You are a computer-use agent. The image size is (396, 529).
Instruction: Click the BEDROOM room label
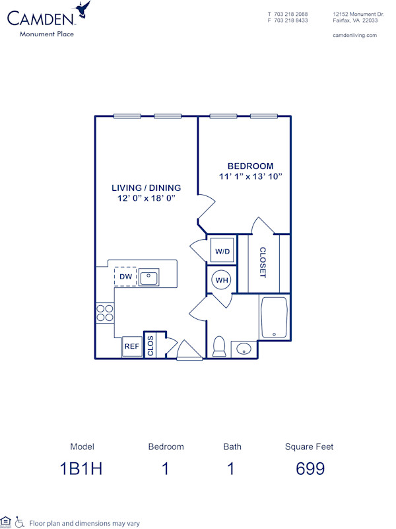coord(250,166)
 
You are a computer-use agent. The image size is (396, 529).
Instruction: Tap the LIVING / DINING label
coord(146,188)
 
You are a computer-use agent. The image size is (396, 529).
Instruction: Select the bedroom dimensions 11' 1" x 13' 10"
coord(250,176)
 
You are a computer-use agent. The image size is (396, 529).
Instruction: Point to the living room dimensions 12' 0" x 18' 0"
coord(146,198)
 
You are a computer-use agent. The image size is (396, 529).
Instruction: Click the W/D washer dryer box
coord(222,252)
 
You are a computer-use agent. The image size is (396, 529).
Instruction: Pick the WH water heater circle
coord(221,280)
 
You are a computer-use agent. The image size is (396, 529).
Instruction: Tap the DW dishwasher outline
coord(125,277)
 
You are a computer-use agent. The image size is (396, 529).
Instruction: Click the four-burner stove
coord(104,312)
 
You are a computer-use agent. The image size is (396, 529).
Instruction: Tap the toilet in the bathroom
coord(219,346)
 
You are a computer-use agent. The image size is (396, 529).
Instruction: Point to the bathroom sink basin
coord(243,349)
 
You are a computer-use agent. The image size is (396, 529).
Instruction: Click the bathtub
coord(273,318)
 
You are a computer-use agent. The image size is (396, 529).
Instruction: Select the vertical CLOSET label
coord(263,263)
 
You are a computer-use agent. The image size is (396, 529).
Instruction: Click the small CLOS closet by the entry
coord(151,346)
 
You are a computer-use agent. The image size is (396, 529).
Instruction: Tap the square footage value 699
coord(309,469)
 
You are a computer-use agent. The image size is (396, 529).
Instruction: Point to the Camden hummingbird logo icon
coord(82,9)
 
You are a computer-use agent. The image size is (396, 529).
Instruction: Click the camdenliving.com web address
coord(354,35)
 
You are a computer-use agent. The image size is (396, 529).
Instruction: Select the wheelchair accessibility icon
coord(20,522)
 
